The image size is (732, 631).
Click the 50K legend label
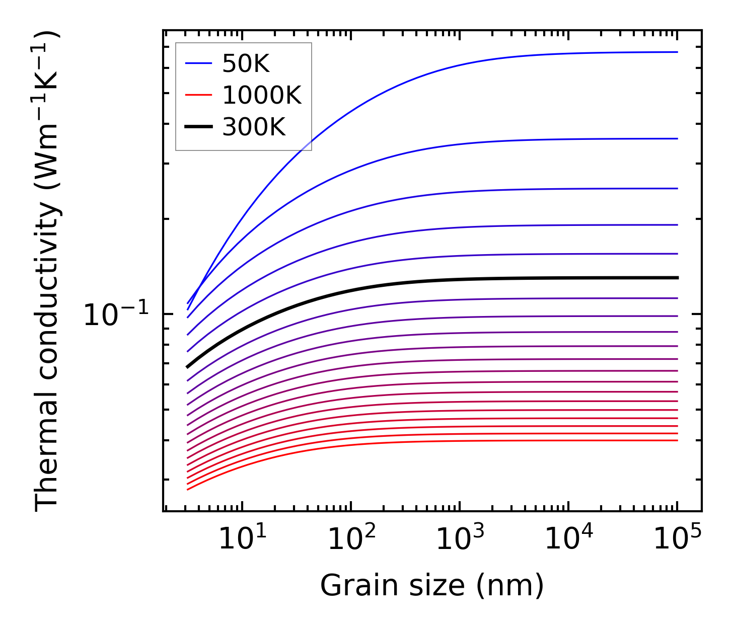pos(246,64)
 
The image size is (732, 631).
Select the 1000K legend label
pos(261,95)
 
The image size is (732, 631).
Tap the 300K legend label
pos(254,127)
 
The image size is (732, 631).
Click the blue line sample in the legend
pos(199,63)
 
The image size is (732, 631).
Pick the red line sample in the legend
pos(199,95)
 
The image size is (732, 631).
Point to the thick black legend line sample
pos(199,127)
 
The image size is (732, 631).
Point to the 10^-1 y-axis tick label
pos(116,316)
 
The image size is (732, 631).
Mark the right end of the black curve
pos(677,278)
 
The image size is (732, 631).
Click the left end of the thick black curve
pos(188,367)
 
